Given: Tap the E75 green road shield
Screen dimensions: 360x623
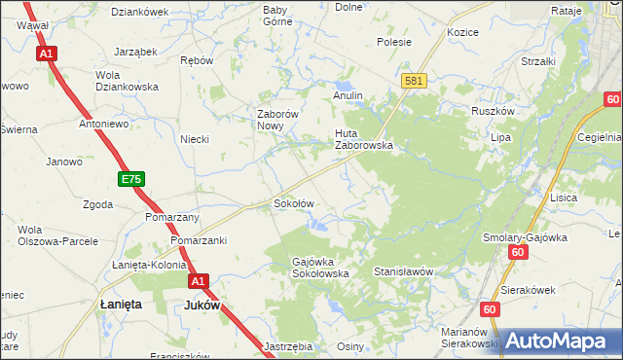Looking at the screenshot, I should click(131, 179).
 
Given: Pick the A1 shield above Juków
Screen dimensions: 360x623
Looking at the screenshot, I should click(198, 281).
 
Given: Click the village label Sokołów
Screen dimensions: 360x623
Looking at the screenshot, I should click(293, 204).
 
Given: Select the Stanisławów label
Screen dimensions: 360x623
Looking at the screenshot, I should click(402, 272).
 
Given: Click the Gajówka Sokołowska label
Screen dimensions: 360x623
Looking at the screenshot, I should click(321, 268).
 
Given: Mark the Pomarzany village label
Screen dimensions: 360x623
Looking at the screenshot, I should click(172, 217).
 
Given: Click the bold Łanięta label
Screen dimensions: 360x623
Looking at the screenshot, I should click(122, 305).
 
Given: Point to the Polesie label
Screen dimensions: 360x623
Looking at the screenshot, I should click(394, 42).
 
